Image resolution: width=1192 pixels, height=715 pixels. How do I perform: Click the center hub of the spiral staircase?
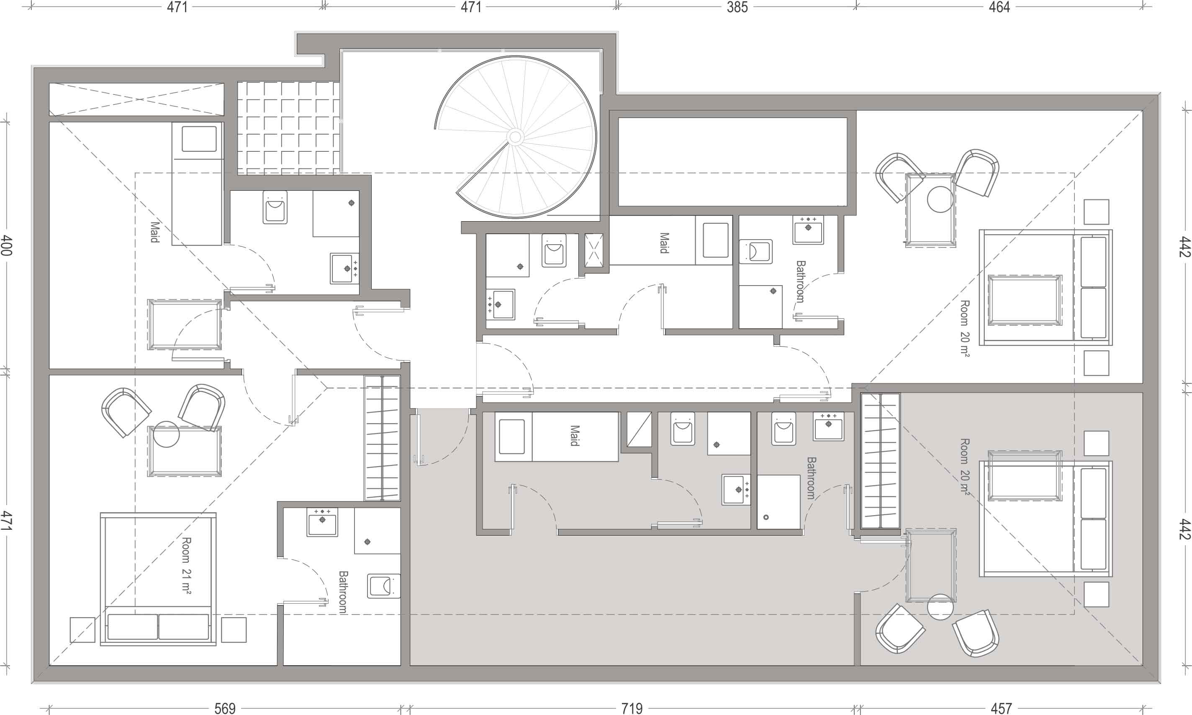(515, 137)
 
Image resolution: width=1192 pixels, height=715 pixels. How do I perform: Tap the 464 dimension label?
(999, 7)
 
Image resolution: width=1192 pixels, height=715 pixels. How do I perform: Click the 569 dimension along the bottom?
(225, 708)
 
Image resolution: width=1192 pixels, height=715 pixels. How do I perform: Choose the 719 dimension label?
(632, 708)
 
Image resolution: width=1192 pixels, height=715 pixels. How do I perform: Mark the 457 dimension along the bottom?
(1001, 708)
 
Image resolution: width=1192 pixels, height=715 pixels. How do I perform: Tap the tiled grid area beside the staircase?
(288, 128)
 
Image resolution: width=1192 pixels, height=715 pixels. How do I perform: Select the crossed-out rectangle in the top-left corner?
(136, 99)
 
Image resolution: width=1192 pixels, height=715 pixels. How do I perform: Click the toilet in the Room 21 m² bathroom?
(384, 586)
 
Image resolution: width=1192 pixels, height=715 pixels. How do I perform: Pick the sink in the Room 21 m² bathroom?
(323, 522)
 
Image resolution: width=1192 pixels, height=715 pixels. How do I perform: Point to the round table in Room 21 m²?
(166, 434)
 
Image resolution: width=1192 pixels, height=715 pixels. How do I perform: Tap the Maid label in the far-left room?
(155, 232)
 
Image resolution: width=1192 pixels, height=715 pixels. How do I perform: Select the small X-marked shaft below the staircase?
(593, 250)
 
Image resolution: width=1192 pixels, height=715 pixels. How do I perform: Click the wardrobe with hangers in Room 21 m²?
(382, 438)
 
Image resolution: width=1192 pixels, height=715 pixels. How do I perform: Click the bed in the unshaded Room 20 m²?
(1046, 287)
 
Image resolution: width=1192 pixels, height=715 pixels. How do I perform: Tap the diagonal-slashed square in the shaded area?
(639, 429)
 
